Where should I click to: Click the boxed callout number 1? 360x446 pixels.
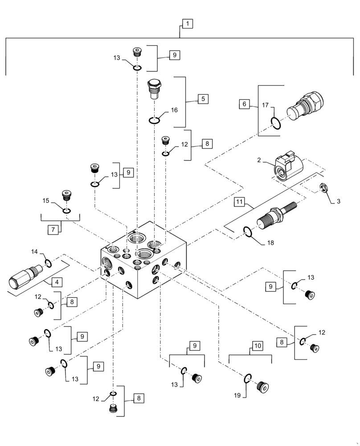188,24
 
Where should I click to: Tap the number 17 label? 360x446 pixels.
266,106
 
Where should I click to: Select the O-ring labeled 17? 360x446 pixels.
276,123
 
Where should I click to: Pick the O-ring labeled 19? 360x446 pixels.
248,379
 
